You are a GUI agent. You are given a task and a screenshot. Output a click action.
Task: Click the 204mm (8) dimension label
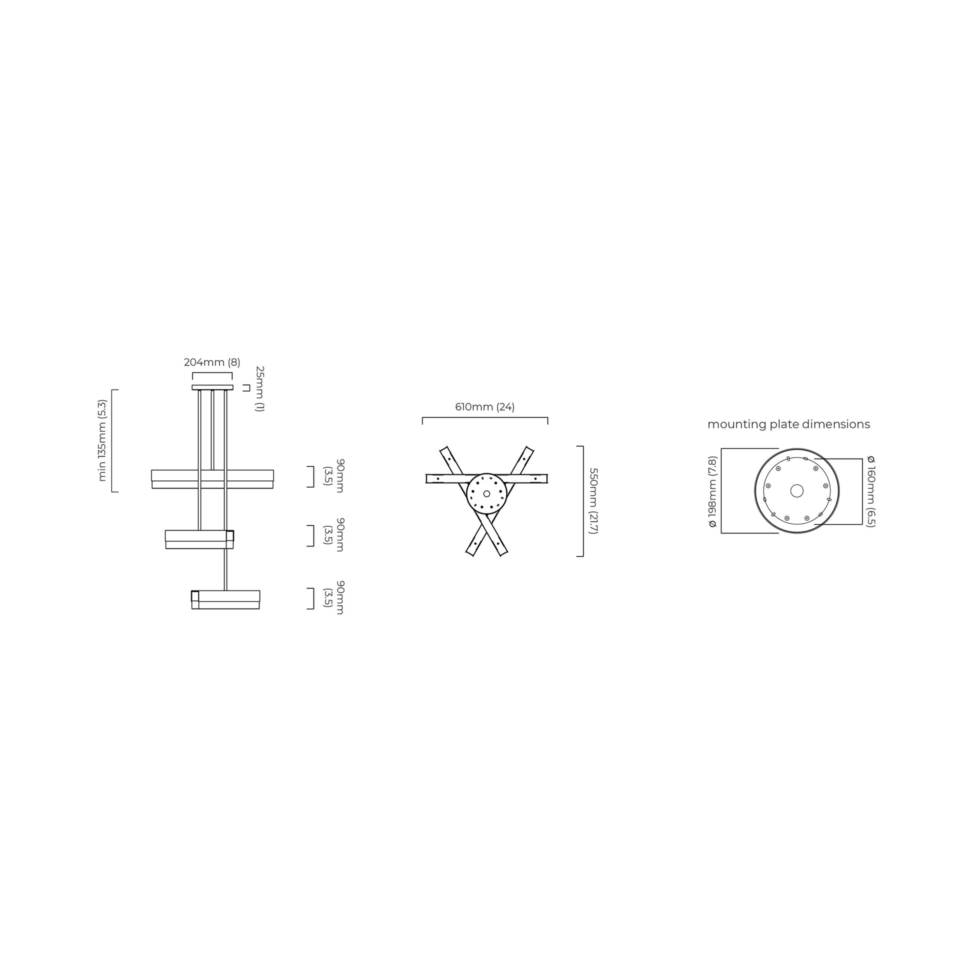pyautogui.click(x=212, y=362)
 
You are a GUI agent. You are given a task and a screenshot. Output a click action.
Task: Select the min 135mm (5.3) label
pyautogui.click(x=102, y=440)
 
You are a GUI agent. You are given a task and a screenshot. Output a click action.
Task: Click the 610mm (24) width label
pyautogui.click(x=484, y=407)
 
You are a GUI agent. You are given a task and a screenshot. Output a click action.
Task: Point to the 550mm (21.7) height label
pyautogui.click(x=593, y=500)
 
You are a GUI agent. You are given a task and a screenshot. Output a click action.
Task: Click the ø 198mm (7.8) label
pyautogui.click(x=712, y=491)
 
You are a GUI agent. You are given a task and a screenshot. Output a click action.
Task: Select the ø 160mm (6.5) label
pyautogui.click(x=871, y=491)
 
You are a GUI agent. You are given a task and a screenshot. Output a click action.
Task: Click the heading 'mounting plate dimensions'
pyautogui.click(x=788, y=424)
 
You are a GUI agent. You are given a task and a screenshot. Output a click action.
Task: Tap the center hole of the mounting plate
pyautogui.click(x=796, y=490)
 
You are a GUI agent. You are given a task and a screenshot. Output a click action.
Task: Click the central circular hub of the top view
pyautogui.click(x=486, y=493)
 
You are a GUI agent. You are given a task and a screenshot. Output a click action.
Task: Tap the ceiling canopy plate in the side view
pyautogui.click(x=212, y=387)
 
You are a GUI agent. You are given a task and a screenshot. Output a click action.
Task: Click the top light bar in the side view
pyautogui.click(x=212, y=479)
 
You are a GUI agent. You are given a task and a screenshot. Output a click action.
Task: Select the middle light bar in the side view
pyautogui.click(x=199, y=539)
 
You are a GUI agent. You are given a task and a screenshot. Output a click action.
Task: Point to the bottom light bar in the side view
pyautogui.click(x=225, y=600)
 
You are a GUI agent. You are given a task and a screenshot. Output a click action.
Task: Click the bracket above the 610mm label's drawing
pyautogui.click(x=484, y=418)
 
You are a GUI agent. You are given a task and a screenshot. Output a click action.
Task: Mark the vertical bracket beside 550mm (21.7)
pyautogui.click(x=582, y=501)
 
